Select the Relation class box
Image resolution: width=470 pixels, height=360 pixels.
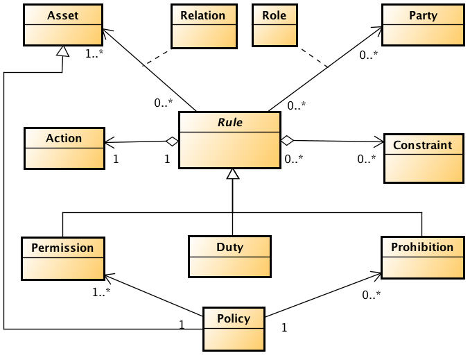[x=202, y=26]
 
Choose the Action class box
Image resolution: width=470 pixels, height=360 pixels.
[x=64, y=148]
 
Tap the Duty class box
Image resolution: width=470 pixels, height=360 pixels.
[x=229, y=257]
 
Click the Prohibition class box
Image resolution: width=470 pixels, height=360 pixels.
[x=421, y=257]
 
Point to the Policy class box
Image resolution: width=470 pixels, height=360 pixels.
[x=234, y=329]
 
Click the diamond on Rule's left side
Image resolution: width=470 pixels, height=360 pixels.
[x=172, y=142]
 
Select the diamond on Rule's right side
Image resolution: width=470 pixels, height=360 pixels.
[x=287, y=140]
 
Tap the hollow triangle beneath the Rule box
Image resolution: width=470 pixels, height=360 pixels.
[x=233, y=175]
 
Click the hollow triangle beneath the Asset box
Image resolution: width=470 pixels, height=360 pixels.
[x=63, y=51]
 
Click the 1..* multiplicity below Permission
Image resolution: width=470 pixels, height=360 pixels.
[x=102, y=291]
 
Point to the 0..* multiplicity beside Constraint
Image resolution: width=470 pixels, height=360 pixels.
[x=367, y=159]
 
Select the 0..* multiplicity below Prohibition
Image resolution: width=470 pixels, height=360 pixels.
[x=372, y=295]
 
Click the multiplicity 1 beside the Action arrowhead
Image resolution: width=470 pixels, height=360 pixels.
[x=116, y=158]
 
